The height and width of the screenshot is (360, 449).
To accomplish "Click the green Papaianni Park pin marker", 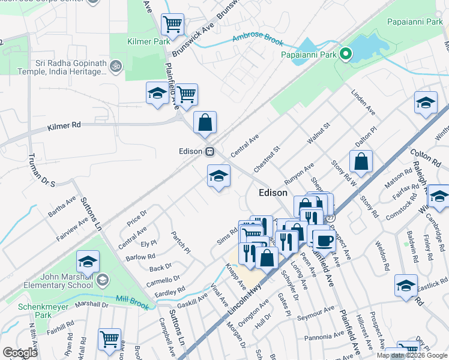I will point(345,56).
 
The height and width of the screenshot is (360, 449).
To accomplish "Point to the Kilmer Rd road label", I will point(64,127).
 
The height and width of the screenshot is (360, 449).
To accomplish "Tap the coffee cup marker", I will point(324,240).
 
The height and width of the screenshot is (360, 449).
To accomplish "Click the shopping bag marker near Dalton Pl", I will point(361,161).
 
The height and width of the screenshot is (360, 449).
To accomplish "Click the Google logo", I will point(20,353).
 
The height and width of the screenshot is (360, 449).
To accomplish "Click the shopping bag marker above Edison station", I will point(205,122).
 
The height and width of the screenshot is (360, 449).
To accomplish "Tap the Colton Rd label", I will point(425,158).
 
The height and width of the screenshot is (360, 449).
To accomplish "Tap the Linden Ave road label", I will point(363,104).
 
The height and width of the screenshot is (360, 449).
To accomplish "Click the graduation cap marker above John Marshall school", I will point(88,262).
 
